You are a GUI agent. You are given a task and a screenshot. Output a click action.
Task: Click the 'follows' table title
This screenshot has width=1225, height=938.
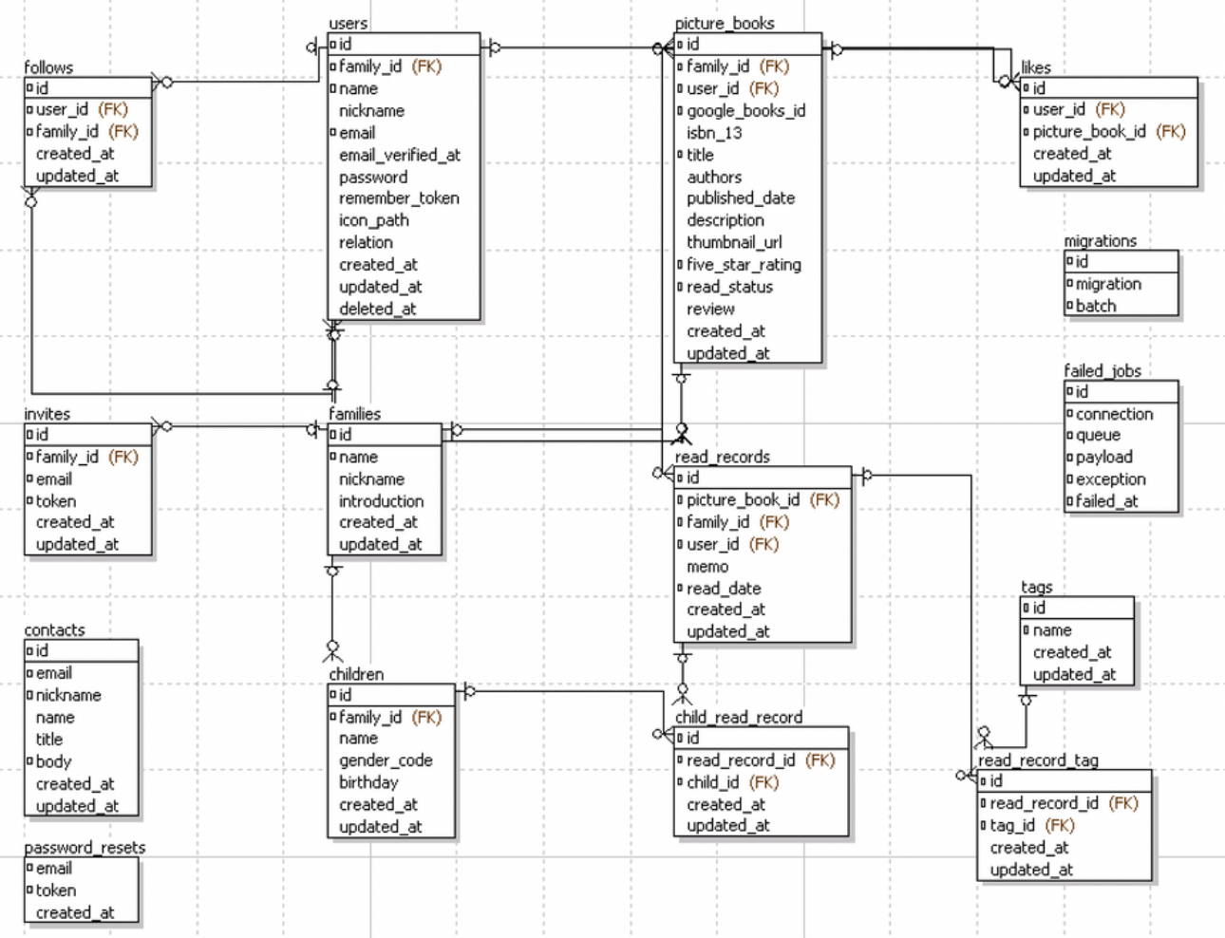tap(48, 67)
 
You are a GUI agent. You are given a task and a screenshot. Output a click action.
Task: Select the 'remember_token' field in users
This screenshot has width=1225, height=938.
tap(399, 198)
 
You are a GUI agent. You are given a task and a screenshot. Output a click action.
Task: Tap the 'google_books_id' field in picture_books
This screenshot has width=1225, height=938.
tap(745, 111)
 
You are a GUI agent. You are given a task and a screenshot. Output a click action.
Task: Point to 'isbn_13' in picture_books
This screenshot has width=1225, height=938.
tap(714, 133)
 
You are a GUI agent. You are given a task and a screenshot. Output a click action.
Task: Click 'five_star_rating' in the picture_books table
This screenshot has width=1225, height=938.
tap(744, 265)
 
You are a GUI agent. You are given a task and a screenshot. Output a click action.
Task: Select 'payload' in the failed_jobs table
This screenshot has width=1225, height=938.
tap(1103, 457)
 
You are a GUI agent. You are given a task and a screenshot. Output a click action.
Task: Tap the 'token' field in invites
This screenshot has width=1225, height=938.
tap(55, 500)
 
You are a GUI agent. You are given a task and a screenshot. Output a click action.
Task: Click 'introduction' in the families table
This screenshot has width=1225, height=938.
tap(381, 500)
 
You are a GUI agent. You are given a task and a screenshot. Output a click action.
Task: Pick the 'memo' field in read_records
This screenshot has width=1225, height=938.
tap(707, 567)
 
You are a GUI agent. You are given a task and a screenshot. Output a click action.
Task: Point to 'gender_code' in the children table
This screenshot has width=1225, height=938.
tap(386, 760)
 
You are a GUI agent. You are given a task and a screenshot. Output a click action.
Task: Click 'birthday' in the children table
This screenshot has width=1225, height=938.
tap(368, 782)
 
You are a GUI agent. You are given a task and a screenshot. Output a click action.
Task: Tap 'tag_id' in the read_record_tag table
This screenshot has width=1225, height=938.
tap(1014, 825)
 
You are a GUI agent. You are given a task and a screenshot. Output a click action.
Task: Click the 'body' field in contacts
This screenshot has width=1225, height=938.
tap(53, 761)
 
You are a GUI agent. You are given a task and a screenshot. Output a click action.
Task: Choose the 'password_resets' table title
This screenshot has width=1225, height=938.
tap(85, 847)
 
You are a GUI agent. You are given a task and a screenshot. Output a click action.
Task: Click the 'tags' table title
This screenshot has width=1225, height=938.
tap(1036, 587)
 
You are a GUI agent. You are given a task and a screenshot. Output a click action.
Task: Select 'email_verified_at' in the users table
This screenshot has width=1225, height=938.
tap(399, 155)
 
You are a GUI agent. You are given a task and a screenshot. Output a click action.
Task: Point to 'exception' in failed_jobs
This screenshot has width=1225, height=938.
tap(1110, 479)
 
